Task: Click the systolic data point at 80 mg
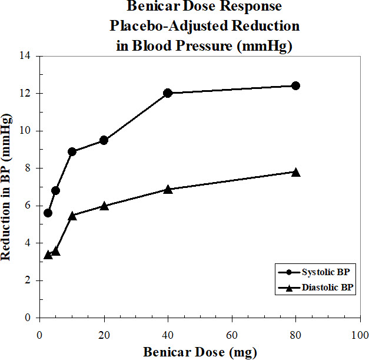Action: coord(295,85)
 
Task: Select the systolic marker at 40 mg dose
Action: coord(168,93)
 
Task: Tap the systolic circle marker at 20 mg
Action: coord(104,140)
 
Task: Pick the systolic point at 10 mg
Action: coord(72,151)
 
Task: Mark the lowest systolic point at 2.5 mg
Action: coord(48,213)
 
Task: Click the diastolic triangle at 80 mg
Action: coord(295,172)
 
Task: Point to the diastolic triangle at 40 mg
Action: coord(168,189)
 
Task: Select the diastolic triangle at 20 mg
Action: coord(104,206)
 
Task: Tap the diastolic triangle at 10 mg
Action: coord(72,216)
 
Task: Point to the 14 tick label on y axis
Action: coord(28,56)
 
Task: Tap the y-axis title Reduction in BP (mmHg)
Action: coord(8,187)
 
